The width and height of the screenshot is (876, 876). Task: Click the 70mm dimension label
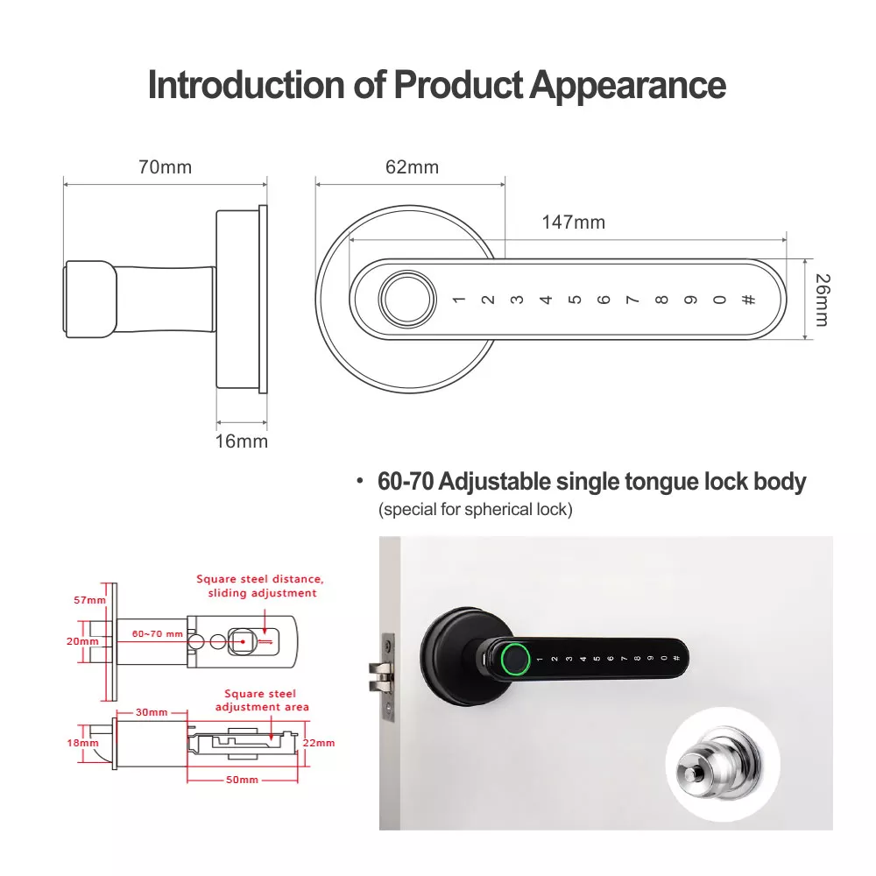(x=166, y=167)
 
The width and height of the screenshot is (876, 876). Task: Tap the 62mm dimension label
(x=413, y=167)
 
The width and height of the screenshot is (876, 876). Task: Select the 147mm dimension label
(x=574, y=223)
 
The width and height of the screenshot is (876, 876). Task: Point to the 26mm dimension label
(x=823, y=300)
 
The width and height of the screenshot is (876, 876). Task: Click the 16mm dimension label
(x=242, y=442)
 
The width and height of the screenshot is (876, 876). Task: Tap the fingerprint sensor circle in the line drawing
(x=407, y=299)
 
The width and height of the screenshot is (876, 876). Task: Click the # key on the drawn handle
(x=749, y=300)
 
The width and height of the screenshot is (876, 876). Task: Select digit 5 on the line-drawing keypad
(x=575, y=300)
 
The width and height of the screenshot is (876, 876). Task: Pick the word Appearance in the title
(x=627, y=85)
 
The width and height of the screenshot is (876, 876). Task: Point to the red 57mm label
(x=89, y=600)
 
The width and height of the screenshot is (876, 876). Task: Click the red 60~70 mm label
(x=158, y=634)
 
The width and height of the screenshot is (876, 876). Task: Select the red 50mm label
(x=242, y=780)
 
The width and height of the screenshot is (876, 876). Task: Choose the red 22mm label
(x=319, y=743)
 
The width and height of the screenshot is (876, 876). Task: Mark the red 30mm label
(x=152, y=712)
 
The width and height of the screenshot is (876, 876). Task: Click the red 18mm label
(x=82, y=743)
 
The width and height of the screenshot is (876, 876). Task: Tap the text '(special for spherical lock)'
(x=476, y=510)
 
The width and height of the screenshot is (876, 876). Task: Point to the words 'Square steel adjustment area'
(x=261, y=700)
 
